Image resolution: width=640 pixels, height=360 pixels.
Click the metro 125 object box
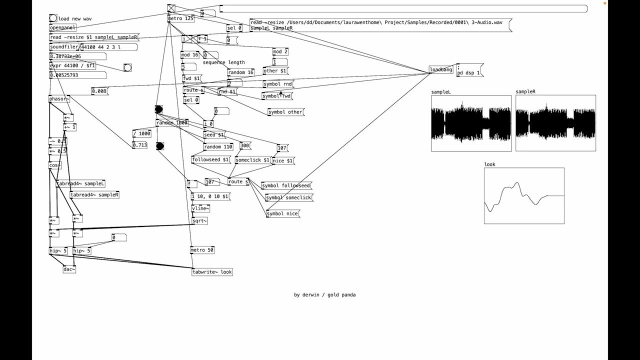(180, 18)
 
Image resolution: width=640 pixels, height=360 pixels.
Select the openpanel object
(62, 28)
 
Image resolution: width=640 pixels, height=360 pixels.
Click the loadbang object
(441, 70)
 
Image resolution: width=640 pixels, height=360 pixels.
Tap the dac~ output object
(69, 269)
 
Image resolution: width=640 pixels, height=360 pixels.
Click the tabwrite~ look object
(212, 272)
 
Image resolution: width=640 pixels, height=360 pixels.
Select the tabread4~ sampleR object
(94, 195)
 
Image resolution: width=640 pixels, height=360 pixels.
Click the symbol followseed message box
(286, 185)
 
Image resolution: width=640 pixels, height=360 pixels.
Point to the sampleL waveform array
(471, 123)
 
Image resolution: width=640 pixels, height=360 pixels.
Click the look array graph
(523, 195)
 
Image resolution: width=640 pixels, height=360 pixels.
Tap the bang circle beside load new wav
(53, 18)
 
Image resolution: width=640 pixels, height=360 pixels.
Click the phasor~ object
(59, 99)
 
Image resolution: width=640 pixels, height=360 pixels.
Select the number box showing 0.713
(139, 145)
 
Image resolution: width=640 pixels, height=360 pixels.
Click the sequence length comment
(223, 62)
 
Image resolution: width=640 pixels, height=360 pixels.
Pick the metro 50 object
(202, 250)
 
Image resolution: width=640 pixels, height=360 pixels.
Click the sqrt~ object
(199, 220)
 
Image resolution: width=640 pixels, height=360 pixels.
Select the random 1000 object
(171, 123)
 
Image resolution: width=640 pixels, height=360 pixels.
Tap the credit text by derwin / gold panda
(324, 295)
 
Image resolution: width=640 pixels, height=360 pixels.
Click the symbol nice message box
(282, 213)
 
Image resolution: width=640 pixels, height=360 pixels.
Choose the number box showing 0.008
(99, 91)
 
